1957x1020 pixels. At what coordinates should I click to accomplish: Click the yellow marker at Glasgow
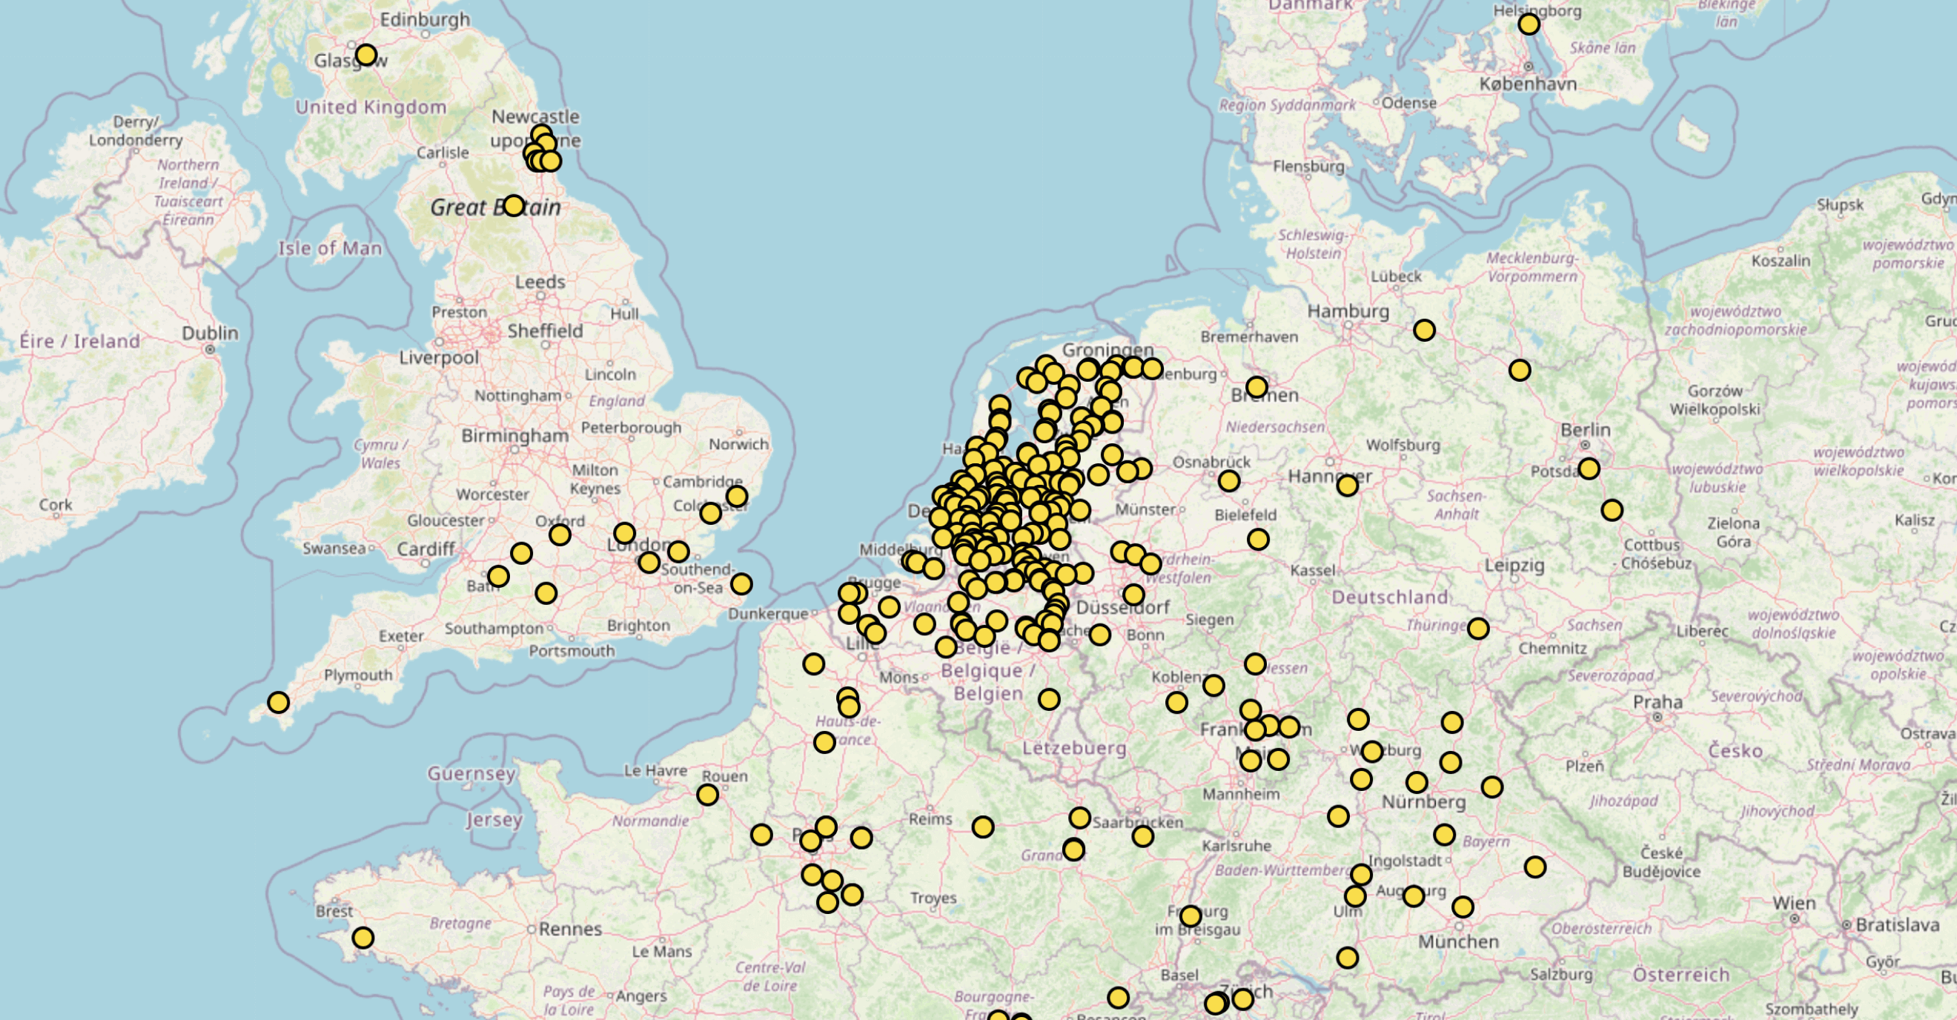[366, 55]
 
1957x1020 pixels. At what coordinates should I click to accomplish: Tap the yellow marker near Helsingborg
[1529, 24]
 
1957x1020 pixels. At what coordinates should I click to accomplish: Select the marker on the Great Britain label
[514, 205]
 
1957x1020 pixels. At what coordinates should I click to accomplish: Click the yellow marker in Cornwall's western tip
[278, 703]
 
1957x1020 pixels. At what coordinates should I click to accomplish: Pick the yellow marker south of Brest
[363, 938]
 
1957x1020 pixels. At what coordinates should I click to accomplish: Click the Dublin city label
[210, 333]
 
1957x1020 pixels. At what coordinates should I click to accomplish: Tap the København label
[1528, 84]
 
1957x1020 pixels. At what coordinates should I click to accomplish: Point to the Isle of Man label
[330, 248]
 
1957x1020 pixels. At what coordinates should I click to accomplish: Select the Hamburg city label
[1348, 311]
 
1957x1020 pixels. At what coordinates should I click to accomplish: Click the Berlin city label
[1585, 429]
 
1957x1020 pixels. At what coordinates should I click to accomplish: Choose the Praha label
[1658, 702]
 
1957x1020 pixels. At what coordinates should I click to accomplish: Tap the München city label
[1458, 941]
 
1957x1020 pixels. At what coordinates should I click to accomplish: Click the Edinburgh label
[425, 20]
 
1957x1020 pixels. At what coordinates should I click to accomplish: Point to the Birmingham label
[514, 435]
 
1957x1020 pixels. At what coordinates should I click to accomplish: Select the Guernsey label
[471, 774]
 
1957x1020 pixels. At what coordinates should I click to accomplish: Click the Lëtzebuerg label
[1073, 748]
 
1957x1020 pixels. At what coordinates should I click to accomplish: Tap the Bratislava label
[1897, 925]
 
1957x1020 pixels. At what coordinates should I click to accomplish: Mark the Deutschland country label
[1389, 597]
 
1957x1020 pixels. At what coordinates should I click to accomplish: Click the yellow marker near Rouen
[707, 795]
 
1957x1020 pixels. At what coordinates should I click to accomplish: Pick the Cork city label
[56, 504]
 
